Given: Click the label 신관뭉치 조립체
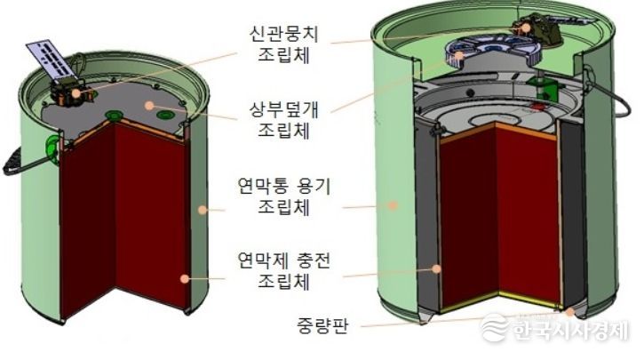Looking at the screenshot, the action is tap(283, 45).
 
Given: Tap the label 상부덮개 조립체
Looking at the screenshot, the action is tap(283, 120).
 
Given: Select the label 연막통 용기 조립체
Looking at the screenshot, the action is tap(283, 197).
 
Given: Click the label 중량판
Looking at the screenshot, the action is tap(322, 326).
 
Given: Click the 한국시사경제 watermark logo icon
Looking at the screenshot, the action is tap(493, 327).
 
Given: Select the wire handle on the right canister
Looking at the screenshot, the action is tap(611, 99).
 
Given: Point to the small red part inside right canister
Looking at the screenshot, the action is tap(537, 107).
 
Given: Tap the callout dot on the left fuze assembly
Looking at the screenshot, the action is tap(76, 93).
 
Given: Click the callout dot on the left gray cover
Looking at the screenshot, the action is tap(149, 106).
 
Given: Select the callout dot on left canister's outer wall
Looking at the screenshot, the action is tap(202, 210).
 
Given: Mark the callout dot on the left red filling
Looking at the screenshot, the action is tap(185, 278).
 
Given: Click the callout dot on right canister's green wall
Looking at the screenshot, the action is tap(393, 204).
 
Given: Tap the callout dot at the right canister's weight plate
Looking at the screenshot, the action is tap(569, 312).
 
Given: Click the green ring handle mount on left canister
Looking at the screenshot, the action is tap(52, 147).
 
